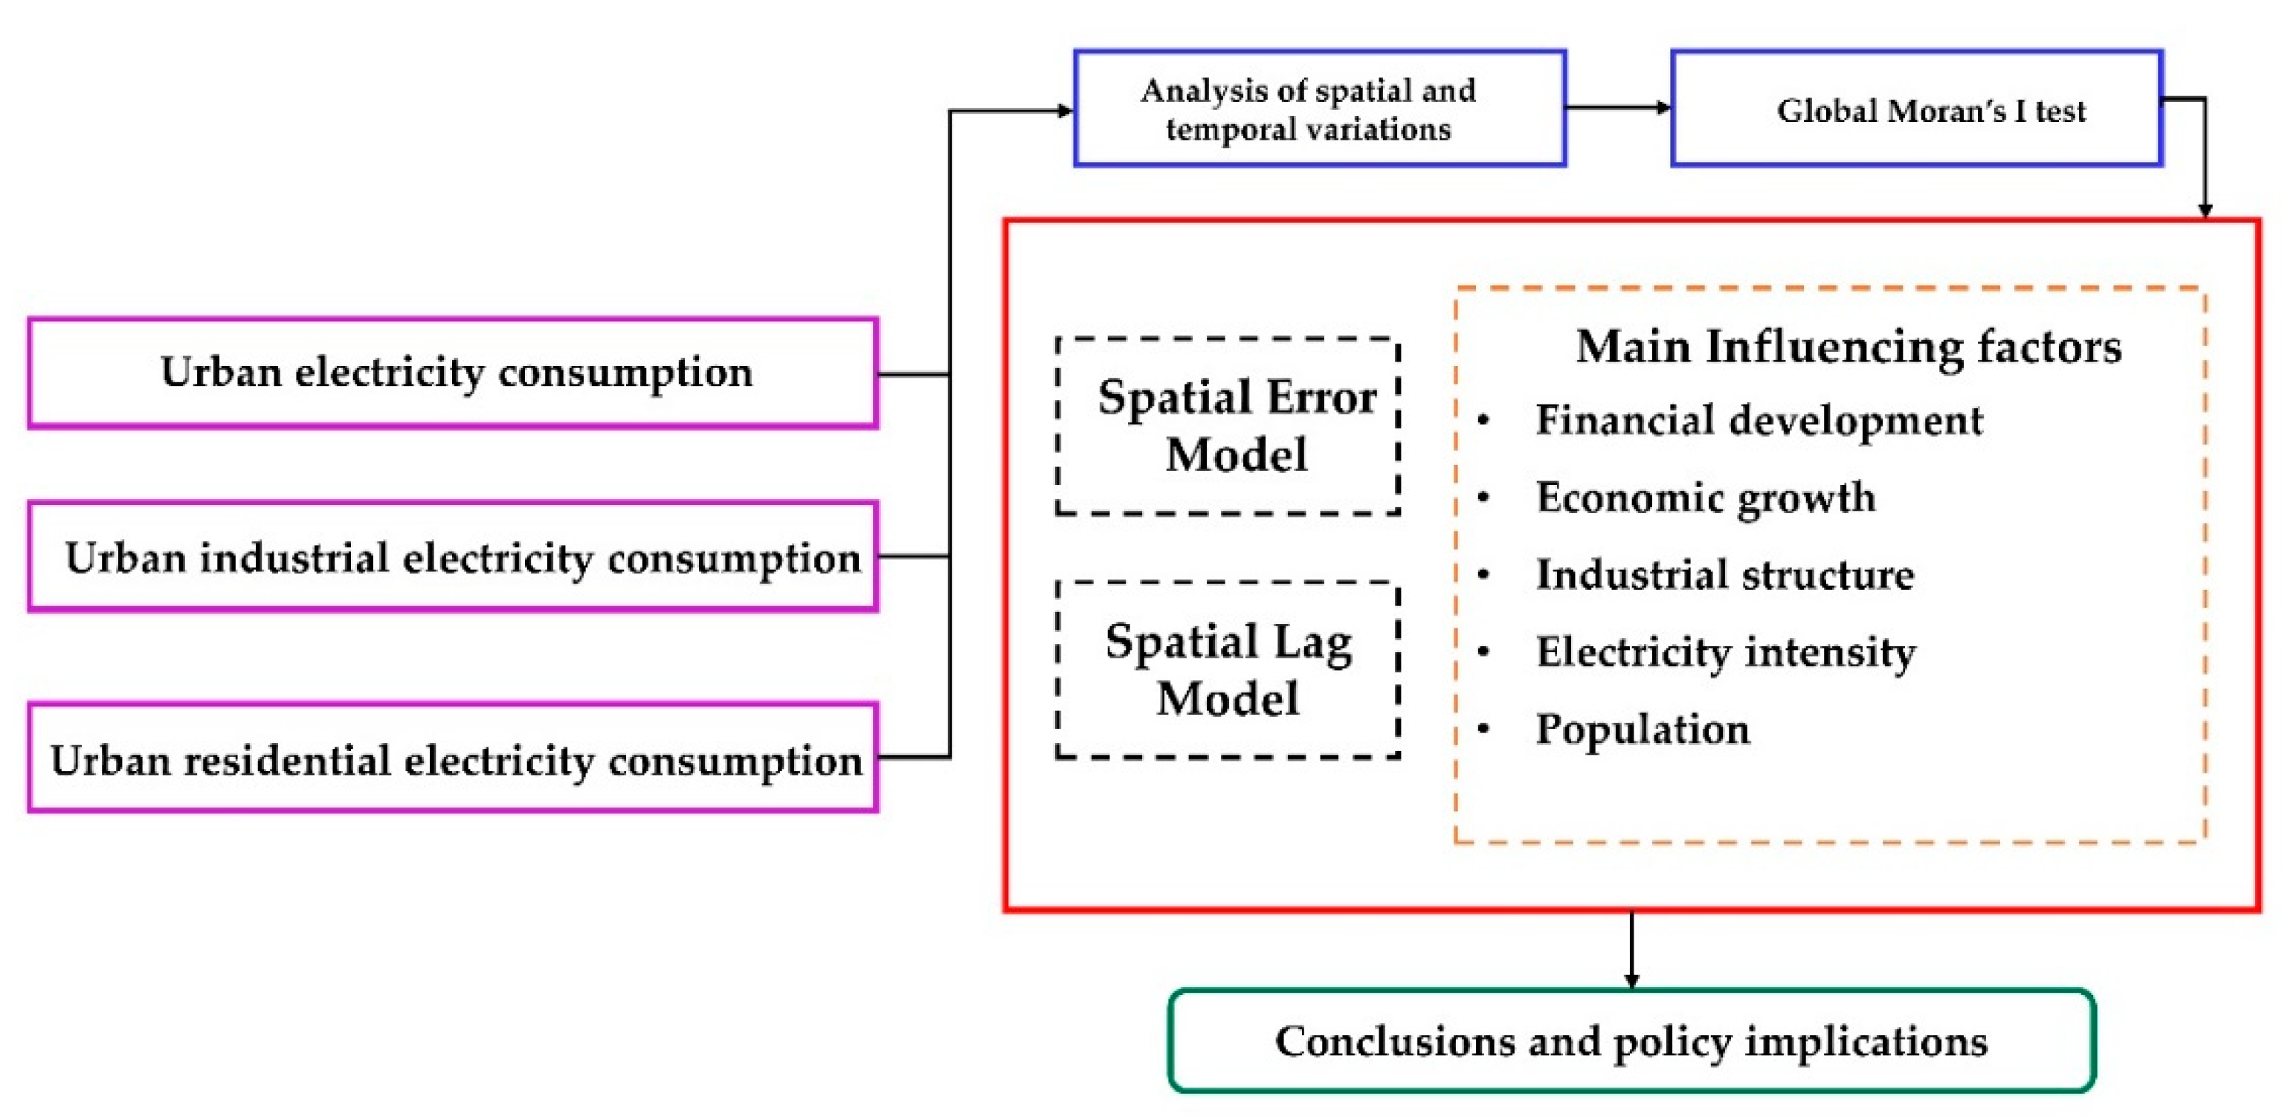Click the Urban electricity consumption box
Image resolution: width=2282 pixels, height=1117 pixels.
tap(453, 373)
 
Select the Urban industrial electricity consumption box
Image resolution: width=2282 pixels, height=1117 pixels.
tap(453, 557)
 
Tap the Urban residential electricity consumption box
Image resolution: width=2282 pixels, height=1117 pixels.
tap(453, 759)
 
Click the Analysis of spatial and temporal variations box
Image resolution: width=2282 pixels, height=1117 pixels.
tap(1319, 108)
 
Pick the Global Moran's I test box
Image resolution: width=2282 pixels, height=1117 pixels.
tap(1916, 108)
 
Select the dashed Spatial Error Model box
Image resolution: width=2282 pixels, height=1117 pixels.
tap(1228, 426)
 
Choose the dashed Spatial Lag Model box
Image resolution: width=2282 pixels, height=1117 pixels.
tap(1228, 669)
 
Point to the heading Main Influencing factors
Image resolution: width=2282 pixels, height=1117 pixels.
tap(1849, 347)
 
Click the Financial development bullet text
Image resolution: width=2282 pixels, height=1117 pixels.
tap(1759, 420)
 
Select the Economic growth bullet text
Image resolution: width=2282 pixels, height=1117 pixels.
tap(1705, 497)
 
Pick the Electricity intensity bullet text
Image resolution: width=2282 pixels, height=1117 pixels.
tap(1725, 652)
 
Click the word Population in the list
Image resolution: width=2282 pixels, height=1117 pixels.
tap(1643, 729)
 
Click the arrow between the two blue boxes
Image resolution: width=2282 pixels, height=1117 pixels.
tap(1617, 108)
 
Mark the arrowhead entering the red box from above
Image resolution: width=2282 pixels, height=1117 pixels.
tap(2205, 210)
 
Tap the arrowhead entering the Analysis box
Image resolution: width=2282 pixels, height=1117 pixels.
tap(1066, 111)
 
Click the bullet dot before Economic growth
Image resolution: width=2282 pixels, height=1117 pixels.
tap(1484, 497)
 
